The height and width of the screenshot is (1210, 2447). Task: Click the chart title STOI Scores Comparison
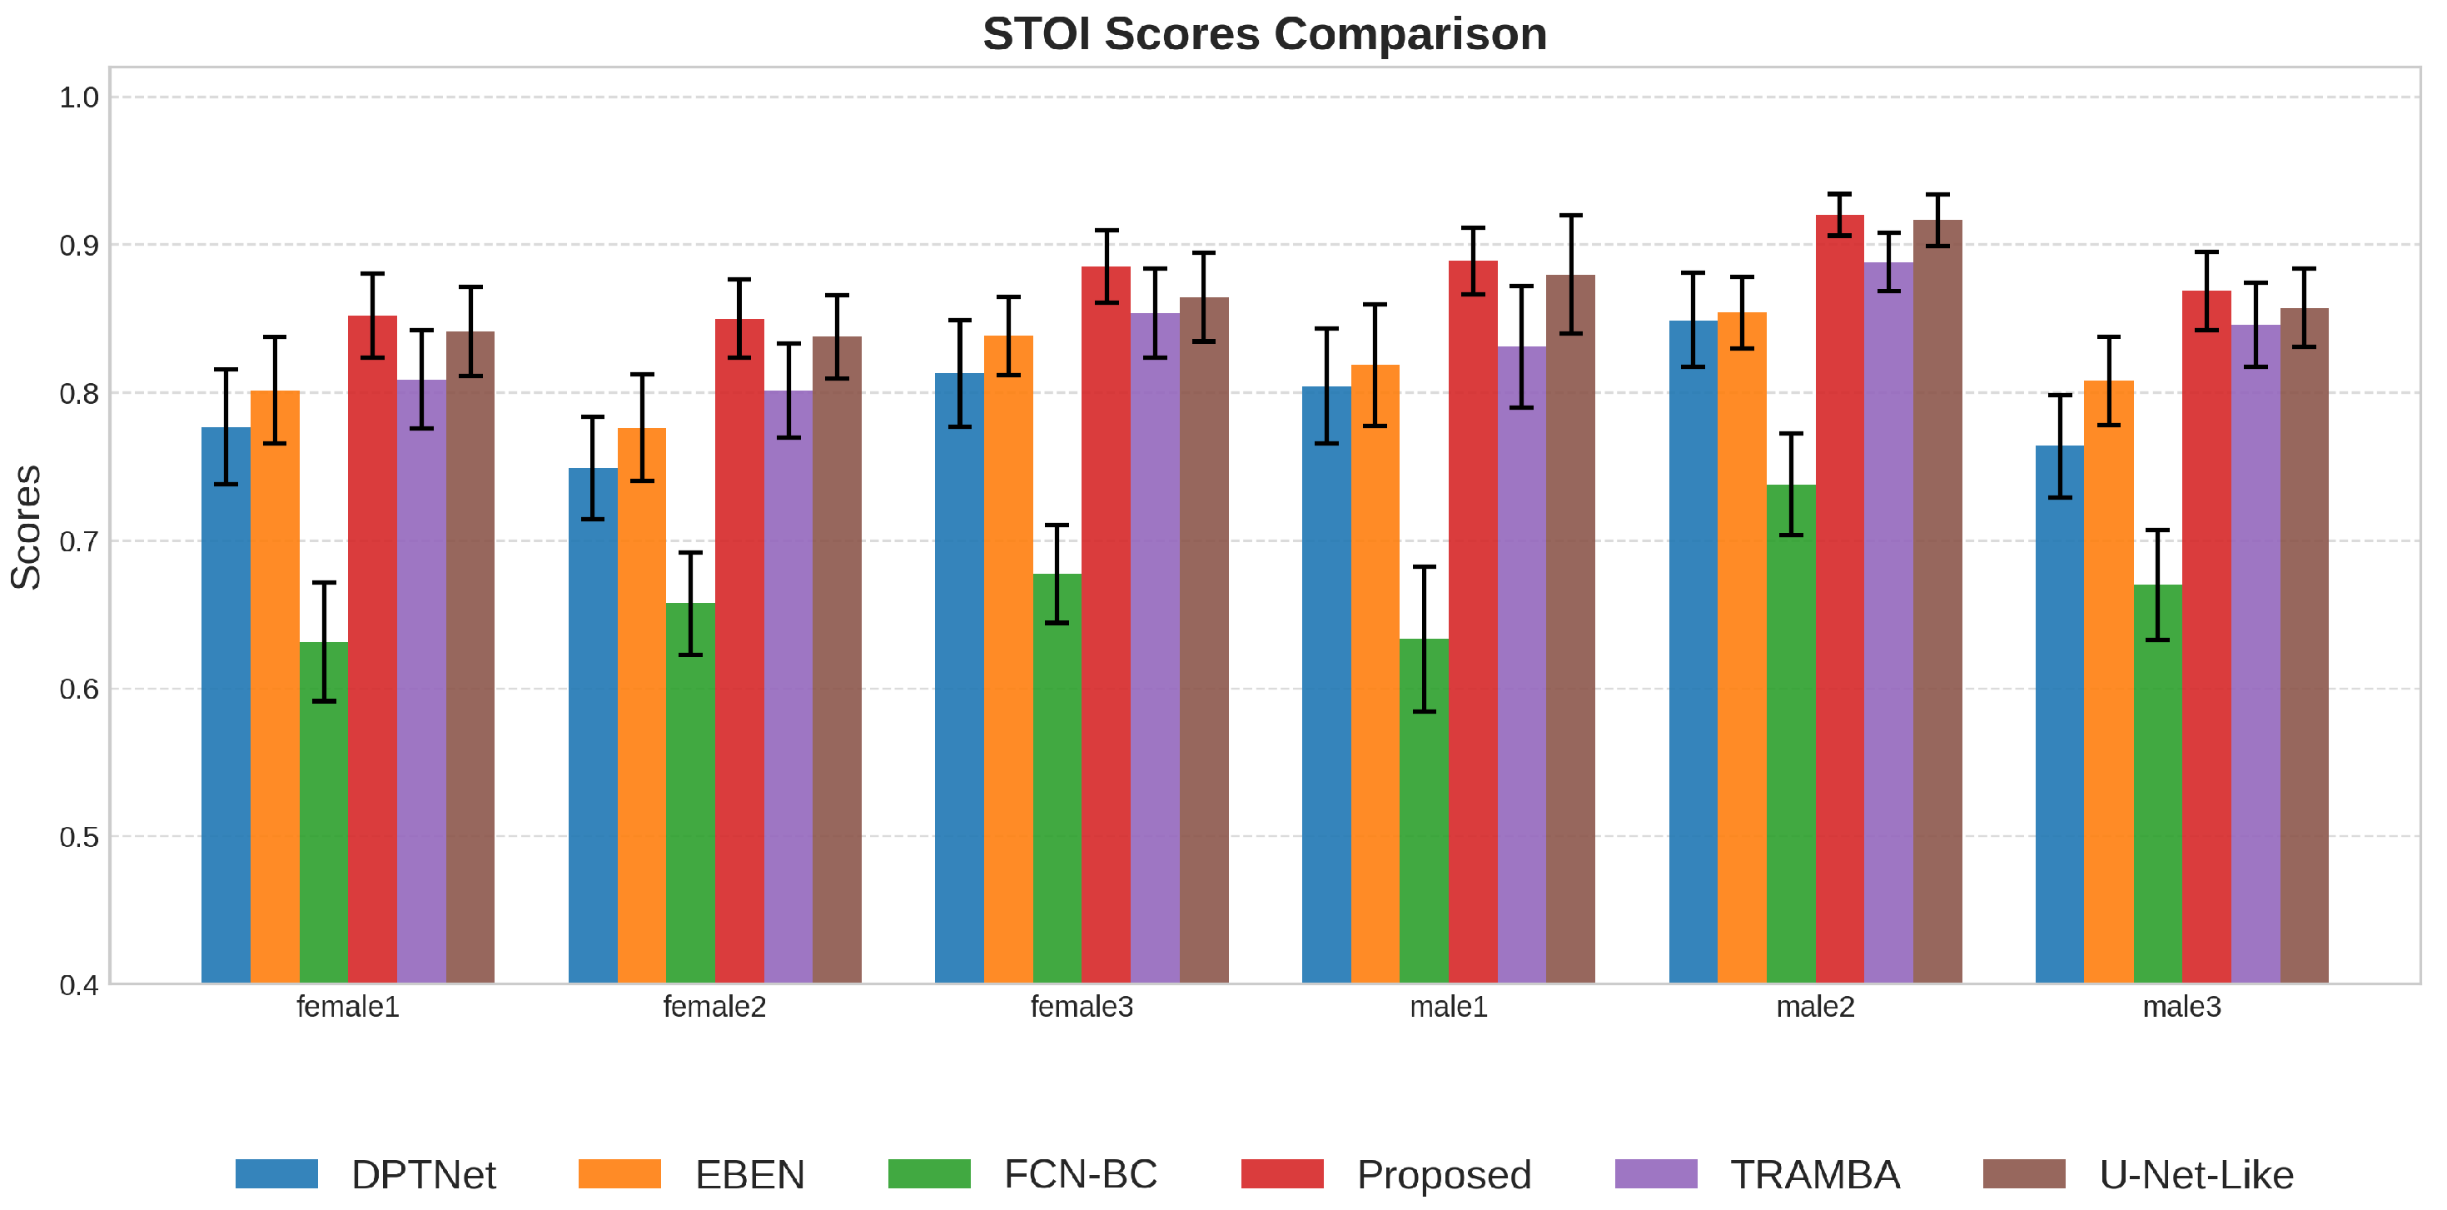(x=1265, y=34)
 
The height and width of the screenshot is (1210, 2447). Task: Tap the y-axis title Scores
(x=26, y=527)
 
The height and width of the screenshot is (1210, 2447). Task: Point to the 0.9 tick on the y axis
(x=79, y=245)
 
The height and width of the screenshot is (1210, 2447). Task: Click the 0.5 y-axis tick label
(x=79, y=837)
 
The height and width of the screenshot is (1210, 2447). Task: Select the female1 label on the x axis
(x=348, y=1007)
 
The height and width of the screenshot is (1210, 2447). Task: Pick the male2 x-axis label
(x=1815, y=1007)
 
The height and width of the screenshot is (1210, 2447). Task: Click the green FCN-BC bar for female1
(x=324, y=813)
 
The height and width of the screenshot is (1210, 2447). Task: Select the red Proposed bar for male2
(x=1840, y=600)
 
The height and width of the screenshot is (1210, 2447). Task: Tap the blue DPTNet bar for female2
(x=593, y=725)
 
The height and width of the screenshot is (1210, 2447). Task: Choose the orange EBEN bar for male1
(x=1375, y=675)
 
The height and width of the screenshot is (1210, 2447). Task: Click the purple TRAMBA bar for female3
(x=1155, y=649)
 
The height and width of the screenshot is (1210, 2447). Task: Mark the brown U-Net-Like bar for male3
(x=2305, y=646)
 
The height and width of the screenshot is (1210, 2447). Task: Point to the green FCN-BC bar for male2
(x=1792, y=734)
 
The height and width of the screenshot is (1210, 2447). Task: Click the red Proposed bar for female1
(x=372, y=650)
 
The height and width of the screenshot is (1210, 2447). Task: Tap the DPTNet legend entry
(x=366, y=1175)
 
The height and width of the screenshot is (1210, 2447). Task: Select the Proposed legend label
(x=1444, y=1175)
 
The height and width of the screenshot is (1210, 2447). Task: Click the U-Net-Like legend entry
(x=2138, y=1175)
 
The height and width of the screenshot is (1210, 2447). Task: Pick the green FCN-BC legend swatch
(x=929, y=1174)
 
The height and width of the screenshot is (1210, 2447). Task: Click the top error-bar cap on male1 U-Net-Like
(x=1571, y=216)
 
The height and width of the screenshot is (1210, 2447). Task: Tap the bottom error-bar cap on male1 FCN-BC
(x=1424, y=711)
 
